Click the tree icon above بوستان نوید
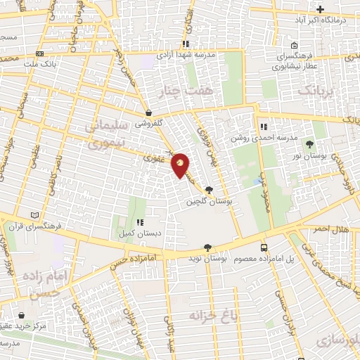coord(207,247)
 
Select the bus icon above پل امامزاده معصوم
coord(264,247)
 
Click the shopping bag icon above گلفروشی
coord(148,112)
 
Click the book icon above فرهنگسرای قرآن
coord(36,215)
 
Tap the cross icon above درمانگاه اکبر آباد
coord(321,9)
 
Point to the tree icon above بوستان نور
coord(310,143)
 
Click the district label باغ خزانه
coord(213,316)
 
